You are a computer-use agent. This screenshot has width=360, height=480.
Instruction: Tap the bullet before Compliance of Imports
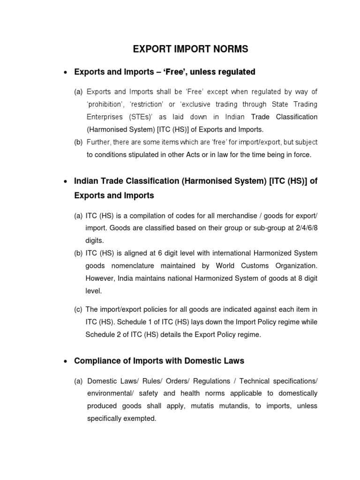[65, 361]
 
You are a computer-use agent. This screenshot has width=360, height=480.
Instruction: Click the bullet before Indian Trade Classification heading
[65, 181]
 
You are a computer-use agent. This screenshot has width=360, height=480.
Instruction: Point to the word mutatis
[209, 405]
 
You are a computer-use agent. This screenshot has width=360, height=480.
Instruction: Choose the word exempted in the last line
[140, 418]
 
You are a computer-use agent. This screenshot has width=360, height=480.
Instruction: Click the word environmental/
[107, 393]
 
